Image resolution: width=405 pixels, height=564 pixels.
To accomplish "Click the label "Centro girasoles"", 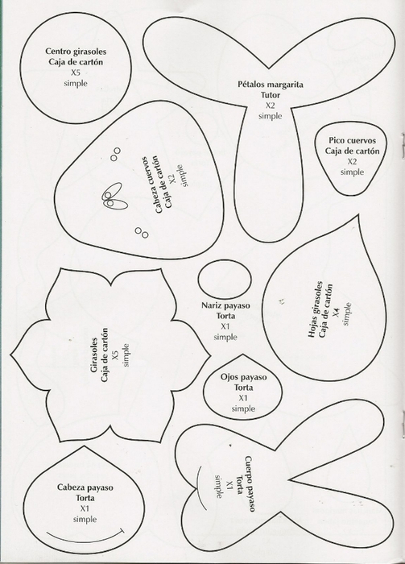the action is click(76, 52).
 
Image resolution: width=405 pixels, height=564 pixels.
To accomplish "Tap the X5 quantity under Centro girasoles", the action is click(76, 73).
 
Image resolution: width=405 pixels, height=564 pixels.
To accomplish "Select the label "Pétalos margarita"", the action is click(271, 85).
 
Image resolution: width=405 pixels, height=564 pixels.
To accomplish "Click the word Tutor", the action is click(271, 95).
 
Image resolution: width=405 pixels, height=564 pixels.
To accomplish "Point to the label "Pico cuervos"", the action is click(352, 140).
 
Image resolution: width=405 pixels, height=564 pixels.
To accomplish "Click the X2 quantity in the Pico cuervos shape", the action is click(352, 161).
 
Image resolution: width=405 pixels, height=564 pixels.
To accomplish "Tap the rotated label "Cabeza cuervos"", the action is click(149, 185).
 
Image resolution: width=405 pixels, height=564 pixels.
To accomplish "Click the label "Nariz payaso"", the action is click(225, 305).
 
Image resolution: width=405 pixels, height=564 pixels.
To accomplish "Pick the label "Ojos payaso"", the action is click(244, 377).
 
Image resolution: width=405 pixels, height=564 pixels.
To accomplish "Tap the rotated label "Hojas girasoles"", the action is click(315, 309).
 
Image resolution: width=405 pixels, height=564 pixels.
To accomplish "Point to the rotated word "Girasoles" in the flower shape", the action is click(94, 355).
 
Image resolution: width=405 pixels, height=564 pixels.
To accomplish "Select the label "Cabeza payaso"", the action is click(85, 487).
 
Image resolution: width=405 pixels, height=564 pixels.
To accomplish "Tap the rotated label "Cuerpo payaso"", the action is click(250, 483).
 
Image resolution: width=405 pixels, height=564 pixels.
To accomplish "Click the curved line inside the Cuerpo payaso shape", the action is click(197, 487).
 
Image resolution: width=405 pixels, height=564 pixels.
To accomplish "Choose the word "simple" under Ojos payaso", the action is click(243, 408).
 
